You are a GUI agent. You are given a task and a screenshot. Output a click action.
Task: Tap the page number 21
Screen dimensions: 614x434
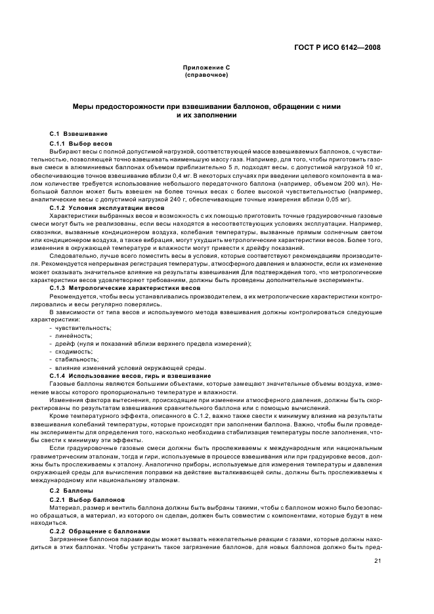pos(378,561)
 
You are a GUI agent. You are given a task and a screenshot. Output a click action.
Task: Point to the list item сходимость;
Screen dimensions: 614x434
pos(74,351)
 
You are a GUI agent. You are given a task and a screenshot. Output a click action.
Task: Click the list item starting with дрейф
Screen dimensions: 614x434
pos(150,343)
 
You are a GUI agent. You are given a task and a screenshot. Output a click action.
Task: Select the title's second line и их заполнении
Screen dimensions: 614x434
pos(206,115)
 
